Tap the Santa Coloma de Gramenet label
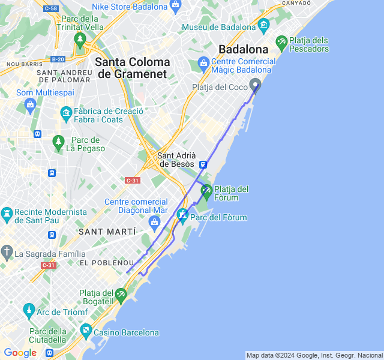(x=133, y=68)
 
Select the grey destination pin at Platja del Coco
(x=255, y=86)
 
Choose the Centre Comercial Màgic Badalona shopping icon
(x=203, y=62)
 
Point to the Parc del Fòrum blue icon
(x=182, y=215)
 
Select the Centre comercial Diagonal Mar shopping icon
(x=155, y=223)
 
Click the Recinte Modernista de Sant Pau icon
(x=7, y=214)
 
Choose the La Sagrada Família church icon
(x=7, y=251)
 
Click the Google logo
(x=20, y=353)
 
